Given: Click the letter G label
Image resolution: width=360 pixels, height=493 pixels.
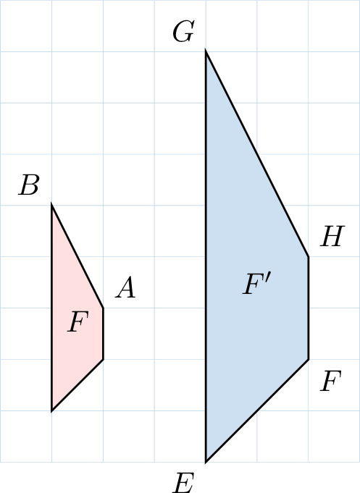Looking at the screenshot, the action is [183, 31].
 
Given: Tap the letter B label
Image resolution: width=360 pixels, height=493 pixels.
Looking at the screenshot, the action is [29, 185].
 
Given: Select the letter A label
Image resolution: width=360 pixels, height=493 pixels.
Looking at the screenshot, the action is [125, 287].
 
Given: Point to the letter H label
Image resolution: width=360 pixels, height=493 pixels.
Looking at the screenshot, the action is [332, 236].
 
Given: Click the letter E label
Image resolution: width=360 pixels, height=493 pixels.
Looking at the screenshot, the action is [184, 483].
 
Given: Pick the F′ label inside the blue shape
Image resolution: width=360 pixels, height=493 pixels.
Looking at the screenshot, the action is [257, 284].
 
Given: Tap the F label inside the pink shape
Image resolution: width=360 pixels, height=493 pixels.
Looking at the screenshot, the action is [78, 321].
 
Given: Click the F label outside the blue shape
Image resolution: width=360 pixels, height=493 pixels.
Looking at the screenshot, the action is [331, 381].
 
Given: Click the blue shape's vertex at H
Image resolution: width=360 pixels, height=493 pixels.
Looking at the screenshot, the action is [308, 257].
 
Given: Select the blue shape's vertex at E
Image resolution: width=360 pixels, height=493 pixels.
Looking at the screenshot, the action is [206, 462].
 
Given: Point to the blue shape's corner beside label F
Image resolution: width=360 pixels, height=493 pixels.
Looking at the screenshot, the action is [308, 359].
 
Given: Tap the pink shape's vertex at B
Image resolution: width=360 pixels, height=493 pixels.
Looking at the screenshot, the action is [52, 205].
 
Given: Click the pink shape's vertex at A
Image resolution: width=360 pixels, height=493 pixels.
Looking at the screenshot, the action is [103, 308].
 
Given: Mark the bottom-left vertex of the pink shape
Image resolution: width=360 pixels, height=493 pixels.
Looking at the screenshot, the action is [52, 410].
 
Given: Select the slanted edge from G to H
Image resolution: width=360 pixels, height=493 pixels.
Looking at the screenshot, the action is [257, 153].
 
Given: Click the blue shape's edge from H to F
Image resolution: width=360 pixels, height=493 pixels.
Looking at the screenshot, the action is [308, 308].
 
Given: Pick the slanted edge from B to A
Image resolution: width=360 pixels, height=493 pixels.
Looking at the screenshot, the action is [78, 256].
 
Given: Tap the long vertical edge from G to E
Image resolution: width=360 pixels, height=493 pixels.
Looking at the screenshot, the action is [206, 256].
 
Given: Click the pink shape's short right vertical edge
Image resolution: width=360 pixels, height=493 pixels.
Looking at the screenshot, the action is [103, 334].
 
